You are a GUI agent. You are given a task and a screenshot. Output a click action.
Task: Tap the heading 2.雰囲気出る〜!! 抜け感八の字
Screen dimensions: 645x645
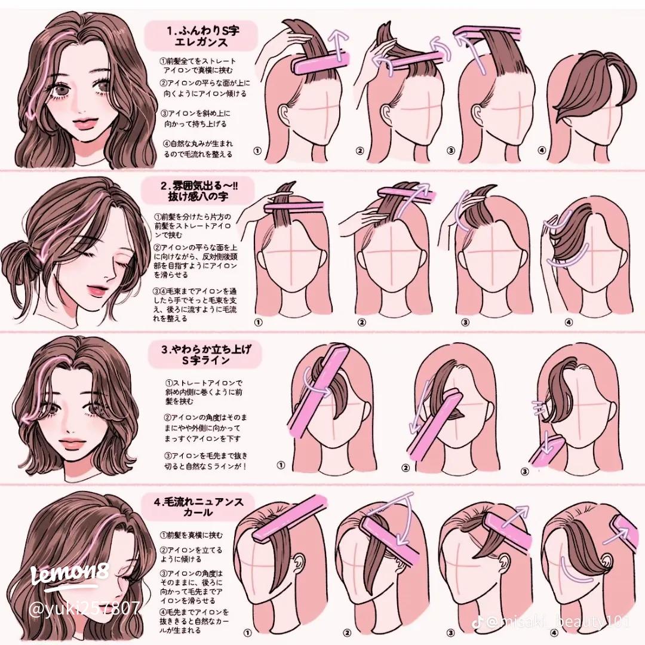click(199, 191)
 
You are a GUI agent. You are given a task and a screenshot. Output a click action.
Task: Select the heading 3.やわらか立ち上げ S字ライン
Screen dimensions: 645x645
click(205, 355)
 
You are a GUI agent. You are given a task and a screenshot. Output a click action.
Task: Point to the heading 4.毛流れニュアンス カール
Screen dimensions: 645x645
click(199, 507)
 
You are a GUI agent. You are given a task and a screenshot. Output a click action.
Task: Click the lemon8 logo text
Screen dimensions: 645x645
click(70, 574)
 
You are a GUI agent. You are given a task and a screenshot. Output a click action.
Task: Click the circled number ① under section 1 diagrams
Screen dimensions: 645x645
click(257, 150)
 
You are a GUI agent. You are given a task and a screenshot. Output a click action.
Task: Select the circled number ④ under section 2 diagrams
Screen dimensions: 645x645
click(569, 322)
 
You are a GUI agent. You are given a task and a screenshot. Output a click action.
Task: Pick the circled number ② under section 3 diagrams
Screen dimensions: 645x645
click(406, 468)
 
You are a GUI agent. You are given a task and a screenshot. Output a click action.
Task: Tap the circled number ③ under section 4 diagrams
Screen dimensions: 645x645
click(451, 632)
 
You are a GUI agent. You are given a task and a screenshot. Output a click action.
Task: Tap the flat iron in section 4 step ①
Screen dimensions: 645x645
click(288, 519)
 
